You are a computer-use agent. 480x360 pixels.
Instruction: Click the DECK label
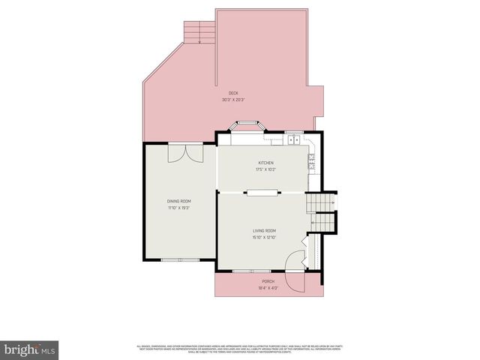[234, 93]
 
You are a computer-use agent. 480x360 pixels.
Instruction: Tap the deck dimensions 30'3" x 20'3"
[234, 100]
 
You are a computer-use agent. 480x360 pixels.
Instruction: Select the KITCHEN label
[266, 163]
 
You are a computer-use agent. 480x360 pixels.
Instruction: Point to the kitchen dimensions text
[266, 169]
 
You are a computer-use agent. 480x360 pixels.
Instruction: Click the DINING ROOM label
[178, 201]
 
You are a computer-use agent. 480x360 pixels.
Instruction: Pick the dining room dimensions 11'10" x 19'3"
[178, 208]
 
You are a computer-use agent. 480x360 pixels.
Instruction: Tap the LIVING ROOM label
[264, 230]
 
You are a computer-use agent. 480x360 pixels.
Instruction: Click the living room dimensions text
[264, 238]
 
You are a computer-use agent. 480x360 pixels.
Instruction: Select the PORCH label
[268, 281]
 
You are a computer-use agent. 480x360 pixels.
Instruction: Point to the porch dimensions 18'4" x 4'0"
[268, 288]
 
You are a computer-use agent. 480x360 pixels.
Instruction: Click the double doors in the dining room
[184, 152]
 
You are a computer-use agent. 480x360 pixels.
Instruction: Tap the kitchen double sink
[292, 139]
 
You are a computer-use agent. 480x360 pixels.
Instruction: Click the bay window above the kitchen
[247, 128]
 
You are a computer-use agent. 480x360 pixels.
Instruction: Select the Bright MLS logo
[30, 349]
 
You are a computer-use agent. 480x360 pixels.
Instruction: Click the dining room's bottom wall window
[181, 260]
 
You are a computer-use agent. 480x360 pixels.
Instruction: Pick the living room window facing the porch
[251, 271]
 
